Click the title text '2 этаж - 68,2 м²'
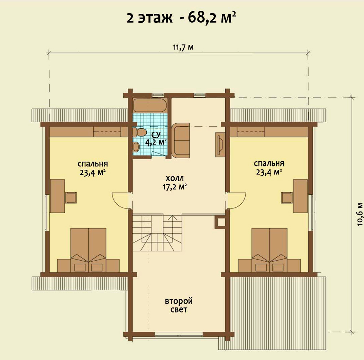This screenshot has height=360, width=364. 181,18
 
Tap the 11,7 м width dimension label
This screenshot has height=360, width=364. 183,47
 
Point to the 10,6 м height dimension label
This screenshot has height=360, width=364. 360,214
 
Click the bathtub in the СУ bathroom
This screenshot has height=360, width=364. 150,105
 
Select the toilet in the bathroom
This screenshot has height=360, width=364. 140,132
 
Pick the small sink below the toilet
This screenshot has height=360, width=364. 136,146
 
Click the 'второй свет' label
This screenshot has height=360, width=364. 179,305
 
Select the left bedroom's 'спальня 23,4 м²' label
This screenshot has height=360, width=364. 93,168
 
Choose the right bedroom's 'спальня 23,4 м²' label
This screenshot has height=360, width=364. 269,168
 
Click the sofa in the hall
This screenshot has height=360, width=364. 181,140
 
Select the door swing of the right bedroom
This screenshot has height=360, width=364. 237,201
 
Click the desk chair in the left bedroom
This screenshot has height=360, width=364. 71,198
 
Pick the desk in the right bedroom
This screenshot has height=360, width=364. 300,196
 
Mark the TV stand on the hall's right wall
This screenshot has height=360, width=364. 220,144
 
